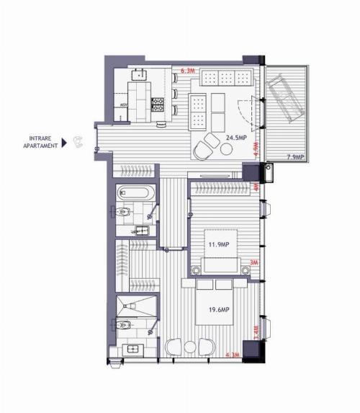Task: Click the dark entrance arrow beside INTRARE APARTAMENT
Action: tap(65, 143)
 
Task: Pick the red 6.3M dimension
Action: tap(189, 71)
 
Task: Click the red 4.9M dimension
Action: tap(257, 149)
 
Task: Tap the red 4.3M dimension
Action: tap(233, 355)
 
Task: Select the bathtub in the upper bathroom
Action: tap(135, 194)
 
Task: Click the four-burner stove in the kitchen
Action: tap(158, 105)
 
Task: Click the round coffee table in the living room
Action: tap(227, 149)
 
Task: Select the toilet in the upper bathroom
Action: tap(122, 212)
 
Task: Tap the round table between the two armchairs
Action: tap(189, 346)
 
